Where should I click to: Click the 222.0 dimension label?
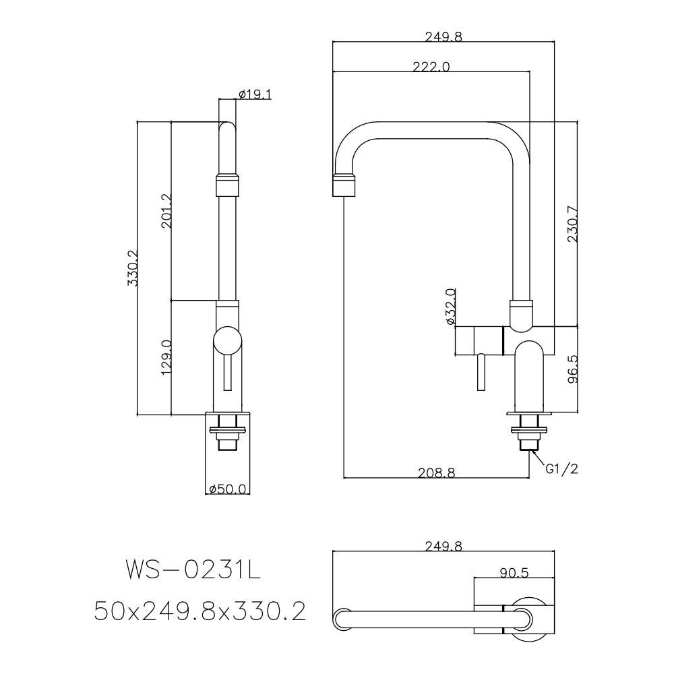[431, 67]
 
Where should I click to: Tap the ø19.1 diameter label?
[255, 94]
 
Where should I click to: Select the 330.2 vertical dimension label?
[132, 268]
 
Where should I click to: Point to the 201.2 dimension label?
[166, 210]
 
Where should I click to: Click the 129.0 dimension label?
[166, 357]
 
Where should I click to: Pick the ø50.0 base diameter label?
[227, 489]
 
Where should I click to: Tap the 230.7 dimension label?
[572, 224]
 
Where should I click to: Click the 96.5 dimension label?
[572, 369]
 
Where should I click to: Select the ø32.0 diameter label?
[450, 307]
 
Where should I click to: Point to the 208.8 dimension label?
[437, 473]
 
